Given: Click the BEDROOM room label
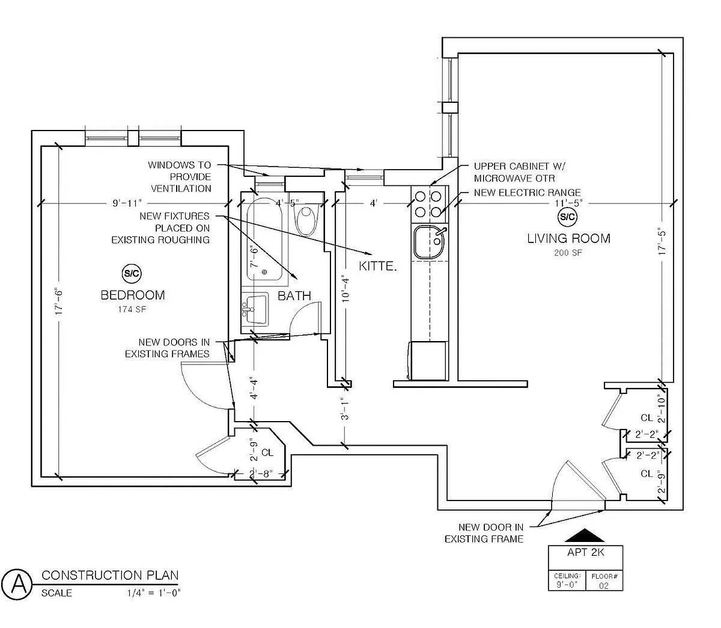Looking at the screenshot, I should click(x=132, y=295).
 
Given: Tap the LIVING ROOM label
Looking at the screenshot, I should click(x=568, y=238).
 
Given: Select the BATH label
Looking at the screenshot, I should click(x=294, y=295).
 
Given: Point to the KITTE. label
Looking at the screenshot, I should click(x=378, y=265).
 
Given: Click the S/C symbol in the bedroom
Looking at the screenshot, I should click(x=132, y=274).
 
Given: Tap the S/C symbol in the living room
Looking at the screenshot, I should click(x=567, y=217).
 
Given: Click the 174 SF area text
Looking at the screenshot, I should click(x=132, y=310).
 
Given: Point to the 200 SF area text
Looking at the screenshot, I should click(x=568, y=253).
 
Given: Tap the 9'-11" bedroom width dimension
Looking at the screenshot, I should click(x=127, y=203).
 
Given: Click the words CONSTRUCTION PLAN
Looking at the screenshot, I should click(x=110, y=576).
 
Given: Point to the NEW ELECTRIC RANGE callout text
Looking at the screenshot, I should click(x=527, y=192).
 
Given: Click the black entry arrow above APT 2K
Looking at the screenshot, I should click(x=585, y=536).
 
